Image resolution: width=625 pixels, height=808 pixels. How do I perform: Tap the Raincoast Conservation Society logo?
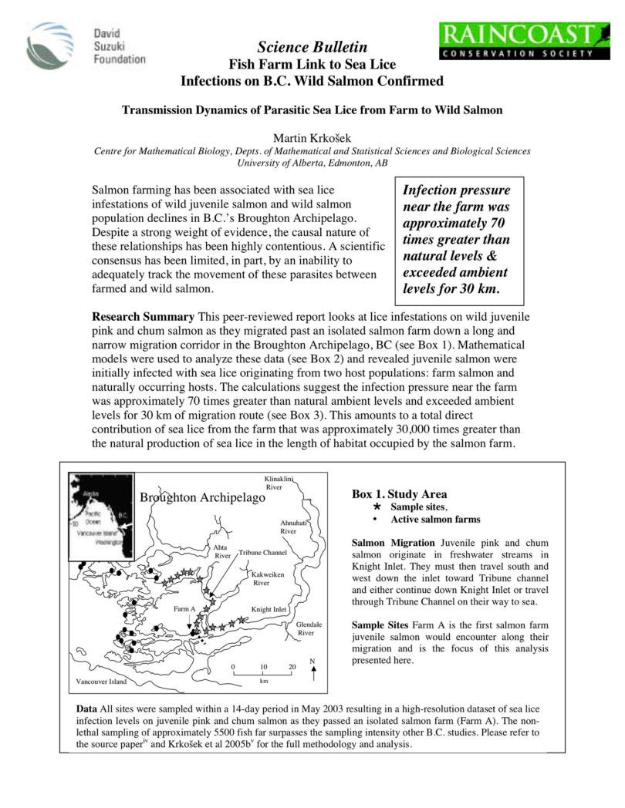coord(518,41)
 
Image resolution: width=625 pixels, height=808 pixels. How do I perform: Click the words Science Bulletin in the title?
coord(312,48)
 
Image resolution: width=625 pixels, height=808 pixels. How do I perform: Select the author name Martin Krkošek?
coord(312,136)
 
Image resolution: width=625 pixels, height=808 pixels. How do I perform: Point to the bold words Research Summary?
coord(143,317)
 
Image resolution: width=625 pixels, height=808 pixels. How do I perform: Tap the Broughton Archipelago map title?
coord(202,498)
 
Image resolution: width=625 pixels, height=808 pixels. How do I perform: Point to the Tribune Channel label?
coord(262,553)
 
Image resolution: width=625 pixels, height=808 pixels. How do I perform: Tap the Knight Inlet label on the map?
coord(269,609)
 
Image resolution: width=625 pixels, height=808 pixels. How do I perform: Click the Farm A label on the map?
coord(184,609)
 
